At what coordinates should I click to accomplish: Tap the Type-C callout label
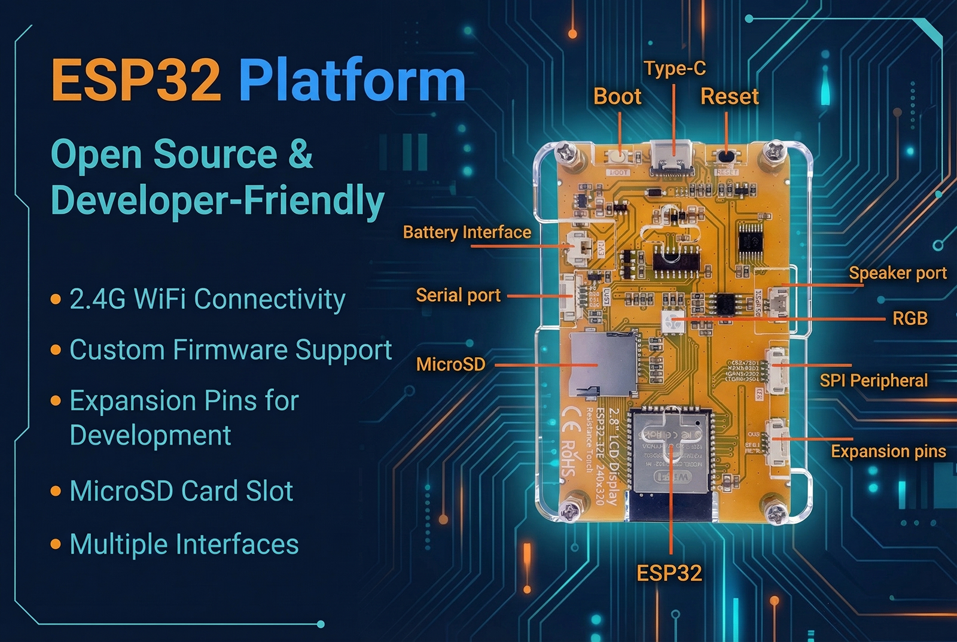(x=675, y=69)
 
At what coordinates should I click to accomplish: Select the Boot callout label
(x=617, y=96)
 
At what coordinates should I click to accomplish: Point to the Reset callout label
(x=729, y=96)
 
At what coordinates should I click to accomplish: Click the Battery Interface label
(x=467, y=232)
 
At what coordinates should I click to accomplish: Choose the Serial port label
(x=458, y=295)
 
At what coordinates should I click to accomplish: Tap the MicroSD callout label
(x=450, y=364)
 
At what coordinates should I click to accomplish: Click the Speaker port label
(x=897, y=273)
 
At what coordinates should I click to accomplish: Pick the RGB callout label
(x=910, y=318)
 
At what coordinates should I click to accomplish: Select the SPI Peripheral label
(x=873, y=381)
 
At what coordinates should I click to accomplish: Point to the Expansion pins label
(x=888, y=451)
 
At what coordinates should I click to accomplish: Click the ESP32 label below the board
(x=669, y=573)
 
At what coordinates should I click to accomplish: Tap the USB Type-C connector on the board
(x=673, y=157)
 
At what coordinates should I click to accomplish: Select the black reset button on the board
(x=726, y=157)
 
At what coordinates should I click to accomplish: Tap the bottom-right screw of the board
(x=776, y=513)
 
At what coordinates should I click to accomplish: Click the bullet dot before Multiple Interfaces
(x=56, y=544)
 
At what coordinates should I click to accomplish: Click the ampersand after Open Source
(x=301, y=154)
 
